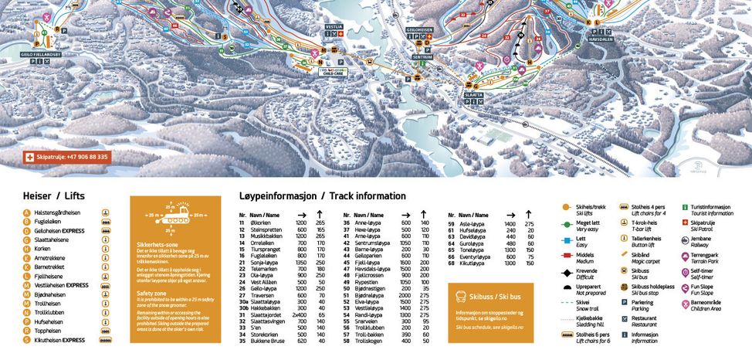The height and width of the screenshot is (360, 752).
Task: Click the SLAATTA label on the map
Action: tap(474, 95)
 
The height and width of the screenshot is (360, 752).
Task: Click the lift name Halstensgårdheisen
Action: tap(59, 211)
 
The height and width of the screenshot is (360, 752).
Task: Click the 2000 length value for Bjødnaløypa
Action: tap(404, 295)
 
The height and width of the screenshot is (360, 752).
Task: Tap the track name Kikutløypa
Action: tap(473, 263)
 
